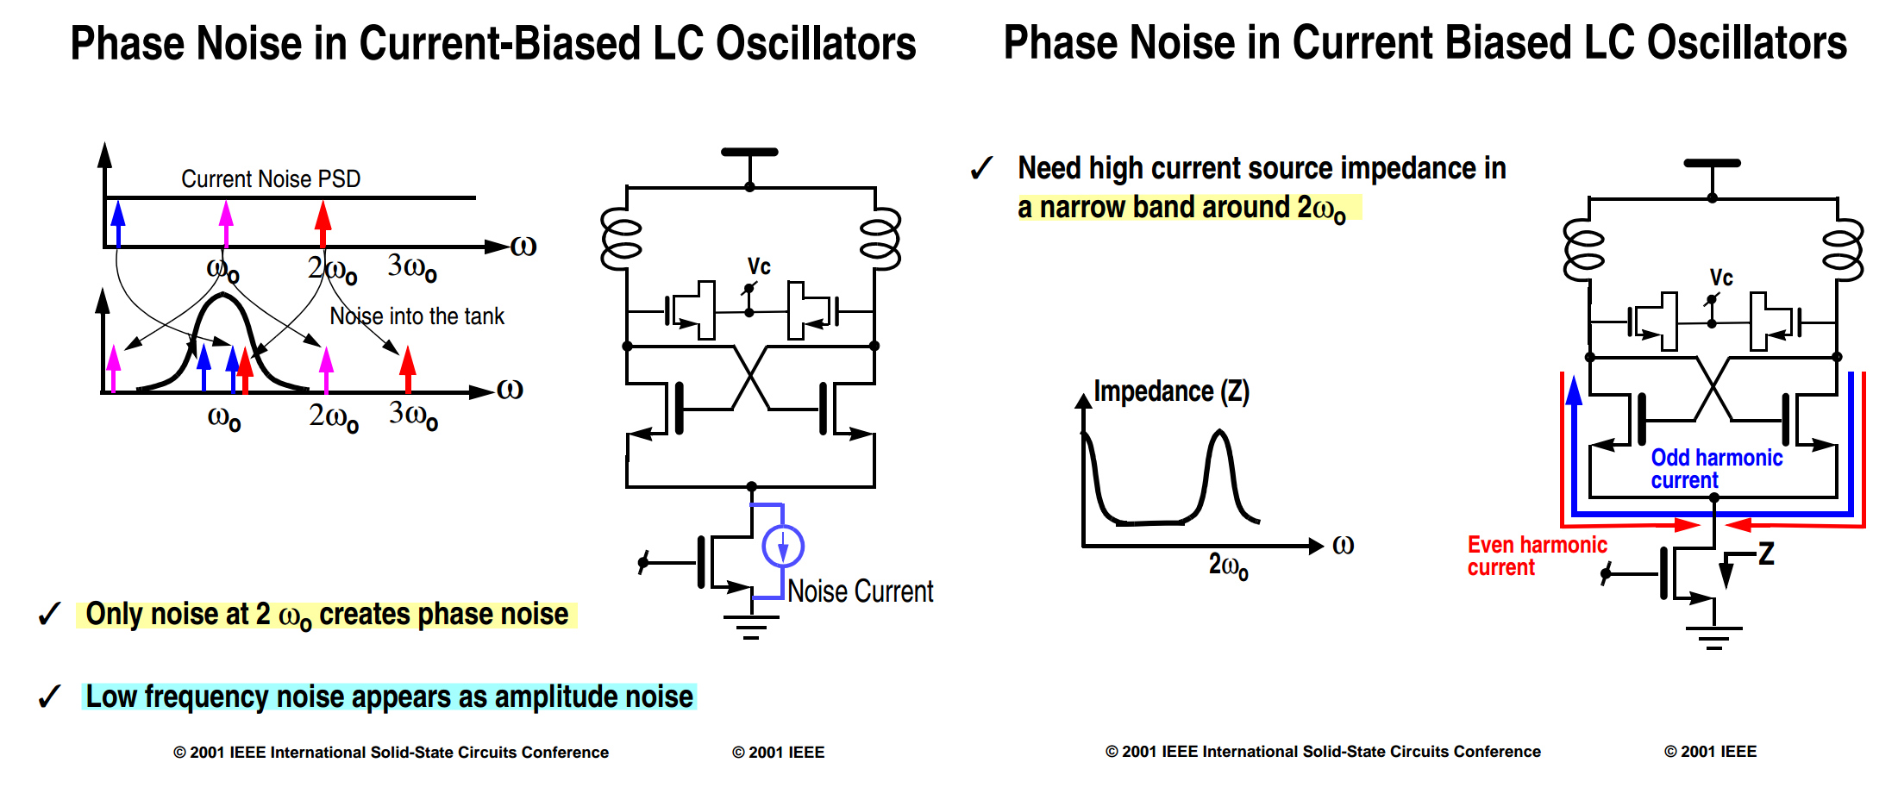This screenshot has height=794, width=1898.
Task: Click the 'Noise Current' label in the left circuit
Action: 860,591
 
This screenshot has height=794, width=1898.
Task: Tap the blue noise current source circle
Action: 783,546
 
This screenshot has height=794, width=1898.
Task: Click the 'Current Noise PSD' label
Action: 271,178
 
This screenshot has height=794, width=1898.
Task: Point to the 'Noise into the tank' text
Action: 417,316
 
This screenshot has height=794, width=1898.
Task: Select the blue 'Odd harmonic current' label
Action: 1716,469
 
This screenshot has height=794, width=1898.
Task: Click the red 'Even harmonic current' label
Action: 1537,556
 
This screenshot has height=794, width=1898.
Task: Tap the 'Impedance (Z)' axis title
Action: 1171,391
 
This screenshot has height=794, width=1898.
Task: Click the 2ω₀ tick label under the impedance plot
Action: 1228,566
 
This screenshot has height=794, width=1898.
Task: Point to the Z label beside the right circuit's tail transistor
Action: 1766,553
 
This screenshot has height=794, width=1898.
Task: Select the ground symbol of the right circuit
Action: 1713,638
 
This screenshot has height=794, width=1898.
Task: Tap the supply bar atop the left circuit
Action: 749,152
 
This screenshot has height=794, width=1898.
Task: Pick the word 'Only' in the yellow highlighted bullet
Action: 114,614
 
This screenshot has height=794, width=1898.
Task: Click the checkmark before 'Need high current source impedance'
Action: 981,168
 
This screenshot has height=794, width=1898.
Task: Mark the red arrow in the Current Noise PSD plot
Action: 323,224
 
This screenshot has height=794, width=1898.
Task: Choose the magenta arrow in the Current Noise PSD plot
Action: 226,224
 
